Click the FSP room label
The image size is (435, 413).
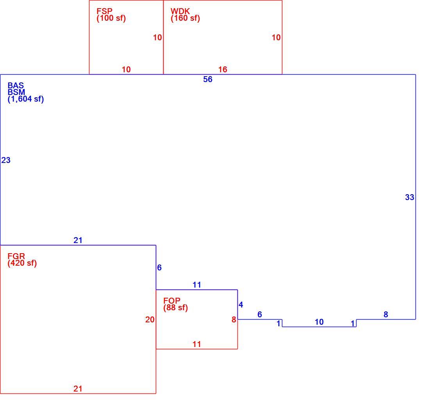(x=104, y=11)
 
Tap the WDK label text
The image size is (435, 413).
(x=180, y=11)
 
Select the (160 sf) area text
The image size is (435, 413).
(x=185, y=18)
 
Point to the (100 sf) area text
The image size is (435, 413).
(x=111, y=18)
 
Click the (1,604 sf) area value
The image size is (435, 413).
(x=26, y=99)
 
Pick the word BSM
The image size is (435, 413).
(x=16, y=92)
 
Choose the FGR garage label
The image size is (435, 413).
(x=16, y=256)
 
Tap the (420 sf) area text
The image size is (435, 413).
(x=22, y=263)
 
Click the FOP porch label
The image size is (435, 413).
(x=172, y=300)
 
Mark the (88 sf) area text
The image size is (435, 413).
(x=176, y=308)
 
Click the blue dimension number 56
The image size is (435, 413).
(x=207, y=79)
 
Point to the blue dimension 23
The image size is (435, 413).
(x=6, y=160)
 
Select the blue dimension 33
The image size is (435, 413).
(x=410, y=197)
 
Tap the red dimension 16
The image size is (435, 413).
(x=223, y=70)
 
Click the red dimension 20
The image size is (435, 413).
(x=150, y=320)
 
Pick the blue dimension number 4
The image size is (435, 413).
(x=241, y=305)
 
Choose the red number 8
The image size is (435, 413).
(x=234, y=320)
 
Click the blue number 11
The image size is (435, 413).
(x=197, y=285)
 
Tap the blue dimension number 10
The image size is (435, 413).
(x=319, y=322)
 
